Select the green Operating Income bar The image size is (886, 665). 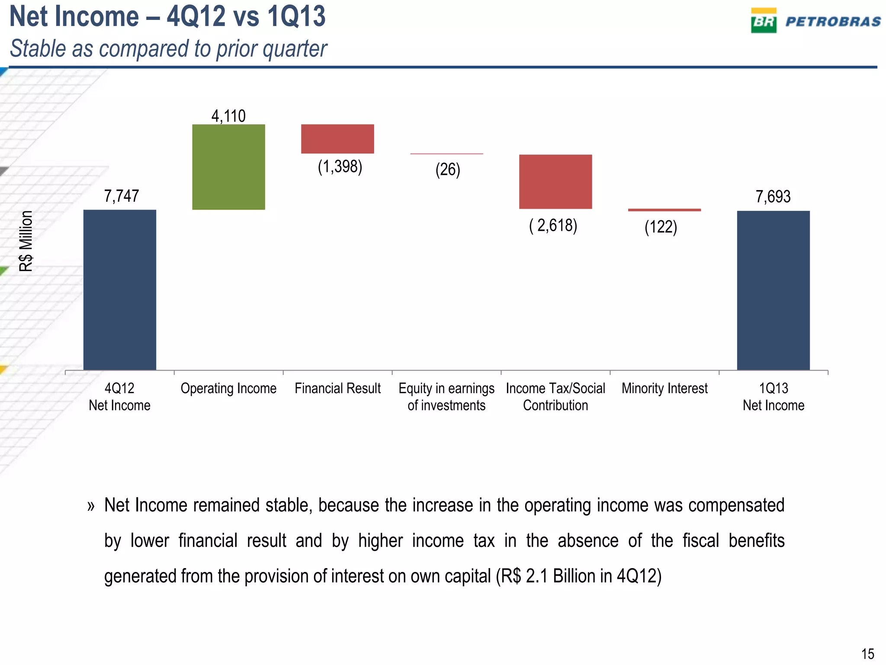click(228, 167)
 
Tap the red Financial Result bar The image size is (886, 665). click(337, 139)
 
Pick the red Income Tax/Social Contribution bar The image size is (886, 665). click(555, 181)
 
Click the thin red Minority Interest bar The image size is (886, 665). click(664, 210)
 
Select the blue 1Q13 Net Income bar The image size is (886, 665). click(773, 290)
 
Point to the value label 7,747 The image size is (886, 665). click(121, 196)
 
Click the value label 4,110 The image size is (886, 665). click(228, 116)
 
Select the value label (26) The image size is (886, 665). click(448, 169)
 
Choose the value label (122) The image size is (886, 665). click(661, 227)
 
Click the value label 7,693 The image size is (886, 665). click(773, 197)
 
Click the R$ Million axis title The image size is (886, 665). click(26, 241)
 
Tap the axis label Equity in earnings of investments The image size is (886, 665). click(446, 397)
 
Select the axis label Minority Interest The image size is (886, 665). click(664, 388)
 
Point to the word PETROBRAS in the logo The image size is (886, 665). click(833, 22)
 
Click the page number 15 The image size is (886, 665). click(867, 653)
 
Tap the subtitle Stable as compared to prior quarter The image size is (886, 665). click(168, 48)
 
